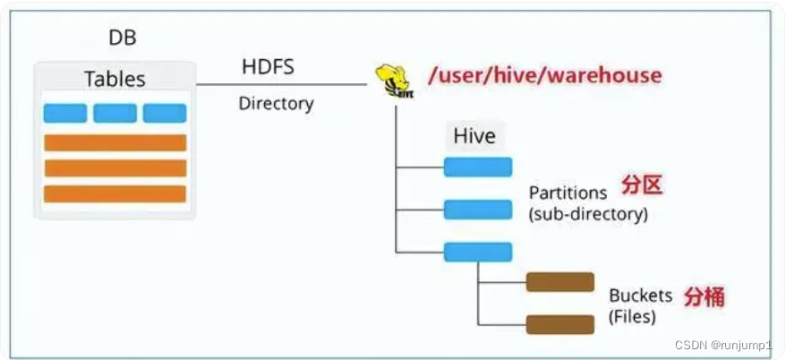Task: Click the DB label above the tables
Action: click(123, 39)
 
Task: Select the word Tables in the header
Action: click(115, 79)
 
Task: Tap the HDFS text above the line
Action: click(268, 67)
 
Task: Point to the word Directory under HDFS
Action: click(276, 103)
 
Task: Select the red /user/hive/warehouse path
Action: click(544, 74)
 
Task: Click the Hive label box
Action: click(474, 137)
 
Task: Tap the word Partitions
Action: click(568, 193)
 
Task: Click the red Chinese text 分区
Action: click(642, 186)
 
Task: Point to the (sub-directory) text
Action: click(588, 215)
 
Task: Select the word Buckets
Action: click(641, 296)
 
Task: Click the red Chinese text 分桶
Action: click(705, 296)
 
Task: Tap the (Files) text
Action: click(632, 316)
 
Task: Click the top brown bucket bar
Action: click(560, 282)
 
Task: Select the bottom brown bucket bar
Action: click(560, 323)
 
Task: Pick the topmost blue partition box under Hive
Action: click(478, 167)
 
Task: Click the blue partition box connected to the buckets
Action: click(478, 252)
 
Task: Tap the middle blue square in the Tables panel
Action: click(115, 114)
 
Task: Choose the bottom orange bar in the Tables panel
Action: click(115, 193)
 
